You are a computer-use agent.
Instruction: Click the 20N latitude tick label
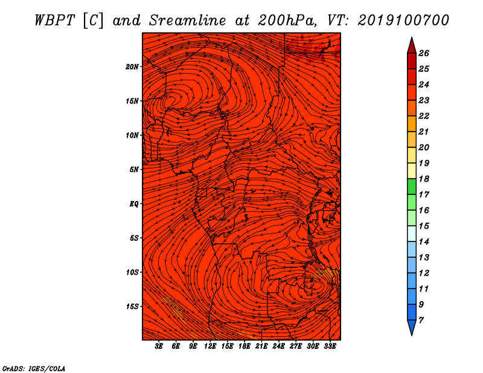point(132,67)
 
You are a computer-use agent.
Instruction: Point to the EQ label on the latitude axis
point(133,204)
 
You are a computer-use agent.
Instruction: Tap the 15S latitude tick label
point(132,307)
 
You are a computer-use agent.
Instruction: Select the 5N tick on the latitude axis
point(133,170)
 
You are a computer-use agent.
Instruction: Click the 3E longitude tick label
point(159,346)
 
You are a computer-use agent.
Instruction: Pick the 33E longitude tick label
point(330,346)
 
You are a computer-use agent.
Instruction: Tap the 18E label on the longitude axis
point(245,346)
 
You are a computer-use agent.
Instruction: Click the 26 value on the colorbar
point(424,53)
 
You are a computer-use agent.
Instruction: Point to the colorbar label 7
point(421,320)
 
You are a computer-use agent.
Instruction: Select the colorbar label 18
point(424,179)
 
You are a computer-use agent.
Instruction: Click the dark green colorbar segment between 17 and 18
point(412,186)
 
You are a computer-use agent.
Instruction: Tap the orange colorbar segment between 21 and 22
point(412,124)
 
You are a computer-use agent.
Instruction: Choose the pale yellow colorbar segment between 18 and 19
point(412,171)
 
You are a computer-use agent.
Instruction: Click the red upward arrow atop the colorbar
point(412,46)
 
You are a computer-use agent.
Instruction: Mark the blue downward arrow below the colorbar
point(412,327)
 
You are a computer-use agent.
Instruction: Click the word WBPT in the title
point(54,21)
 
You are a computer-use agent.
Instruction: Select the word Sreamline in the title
point(188,21)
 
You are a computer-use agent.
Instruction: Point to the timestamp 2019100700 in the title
point(403,21)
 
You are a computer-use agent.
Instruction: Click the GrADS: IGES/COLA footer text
point(34,368)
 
